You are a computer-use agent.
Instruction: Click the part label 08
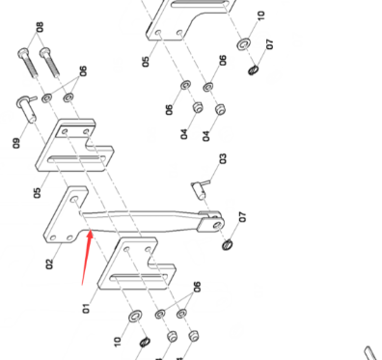40,27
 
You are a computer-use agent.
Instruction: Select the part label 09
16,143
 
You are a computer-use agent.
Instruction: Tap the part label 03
223,158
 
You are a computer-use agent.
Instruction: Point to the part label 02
49,264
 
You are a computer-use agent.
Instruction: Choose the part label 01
86,308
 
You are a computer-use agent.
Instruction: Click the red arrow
87,257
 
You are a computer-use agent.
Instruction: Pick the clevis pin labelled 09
26,108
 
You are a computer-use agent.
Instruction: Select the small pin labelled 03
201,189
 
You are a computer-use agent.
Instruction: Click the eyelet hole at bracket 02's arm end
217,224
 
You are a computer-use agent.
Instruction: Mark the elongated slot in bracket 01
139,277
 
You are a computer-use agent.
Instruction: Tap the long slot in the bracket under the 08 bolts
77,158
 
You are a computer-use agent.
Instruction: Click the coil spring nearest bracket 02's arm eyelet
228,245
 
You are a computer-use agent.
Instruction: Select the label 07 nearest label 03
243,217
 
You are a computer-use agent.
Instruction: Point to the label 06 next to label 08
83,71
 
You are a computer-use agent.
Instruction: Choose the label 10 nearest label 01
118,342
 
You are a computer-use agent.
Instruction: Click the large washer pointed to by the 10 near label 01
135,317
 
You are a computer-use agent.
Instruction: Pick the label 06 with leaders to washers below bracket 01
197,287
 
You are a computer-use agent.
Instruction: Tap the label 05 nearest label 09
38,193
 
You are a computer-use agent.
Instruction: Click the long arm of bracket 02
142,221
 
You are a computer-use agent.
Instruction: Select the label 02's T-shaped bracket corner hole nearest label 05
74,200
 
